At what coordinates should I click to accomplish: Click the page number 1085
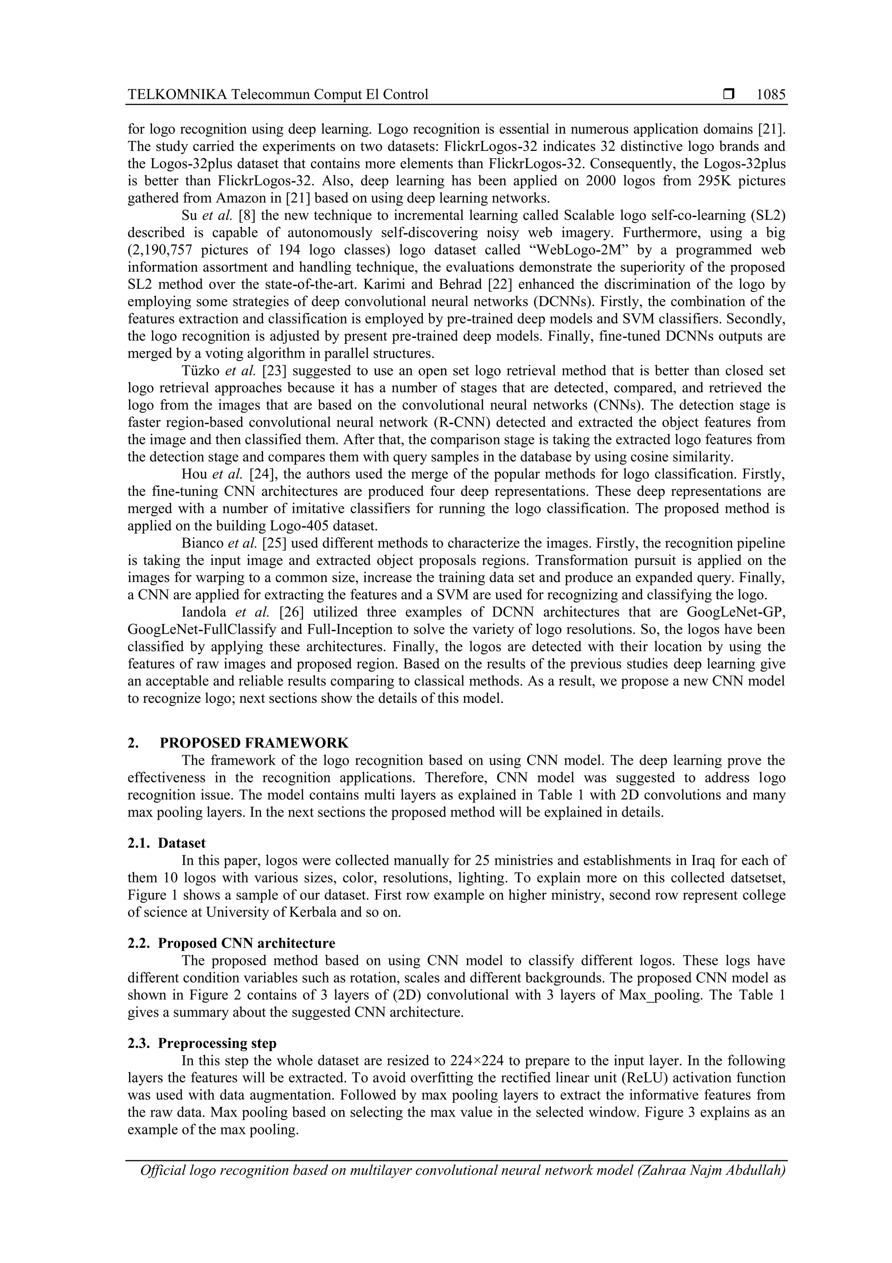[x=770, y=95]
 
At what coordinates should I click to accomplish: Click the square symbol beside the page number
[x=729, y=95]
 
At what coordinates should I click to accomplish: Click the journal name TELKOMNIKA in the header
[x=177, y=95]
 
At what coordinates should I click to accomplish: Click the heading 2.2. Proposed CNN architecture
[x=231, y=943]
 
